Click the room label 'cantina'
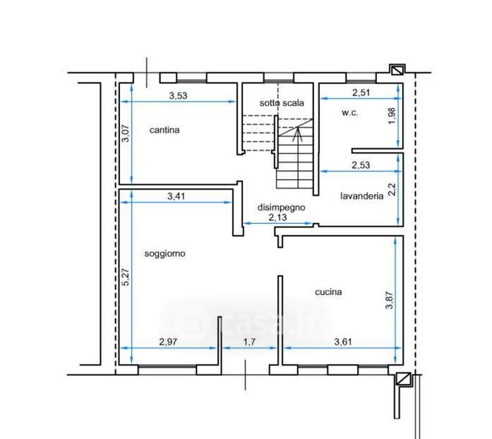[x=165, y=130]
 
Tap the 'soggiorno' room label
[x=165, y=253]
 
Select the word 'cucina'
[x=328, y=292]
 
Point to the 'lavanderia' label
[x=362, y=196]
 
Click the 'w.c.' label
[x=349, y=113]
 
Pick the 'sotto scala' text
[x=281, y=103]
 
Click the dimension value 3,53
[x=178, y=96]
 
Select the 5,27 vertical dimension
[x=125, y=277]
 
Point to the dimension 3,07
[x=125, y=134]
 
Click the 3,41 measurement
[x=176, y=197]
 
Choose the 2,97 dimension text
[x=168, y=342]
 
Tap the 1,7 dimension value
[x=250, y=342]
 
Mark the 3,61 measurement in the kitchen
[x=343, y=342]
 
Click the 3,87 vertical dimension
[x=389, y=301]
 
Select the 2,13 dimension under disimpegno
[x=277, y=217]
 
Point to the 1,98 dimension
[x=392, y=116]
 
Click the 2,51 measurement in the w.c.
[x=361, y=93]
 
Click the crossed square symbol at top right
[x=397, y=70]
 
